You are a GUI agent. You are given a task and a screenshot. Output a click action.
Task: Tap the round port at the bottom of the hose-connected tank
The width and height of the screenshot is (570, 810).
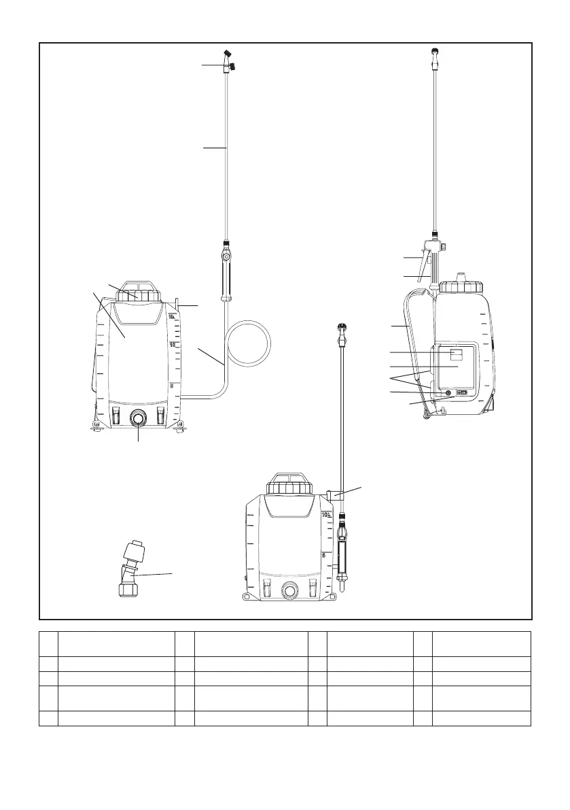[139, 418]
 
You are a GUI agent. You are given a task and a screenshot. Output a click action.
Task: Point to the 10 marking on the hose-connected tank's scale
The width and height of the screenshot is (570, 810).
[173, 345]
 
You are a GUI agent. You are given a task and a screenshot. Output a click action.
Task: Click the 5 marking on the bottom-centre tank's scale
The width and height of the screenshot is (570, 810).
[324, 555]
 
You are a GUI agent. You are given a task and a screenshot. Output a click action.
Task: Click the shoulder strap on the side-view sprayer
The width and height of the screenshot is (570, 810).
[410, 340]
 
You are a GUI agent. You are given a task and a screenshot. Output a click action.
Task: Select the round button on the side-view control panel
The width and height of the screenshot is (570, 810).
[446, 393]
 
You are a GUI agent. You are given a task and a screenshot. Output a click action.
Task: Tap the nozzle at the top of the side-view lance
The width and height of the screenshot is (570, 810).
[433, 51]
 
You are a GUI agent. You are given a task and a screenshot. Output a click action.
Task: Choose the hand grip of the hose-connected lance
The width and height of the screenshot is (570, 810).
[225, 275]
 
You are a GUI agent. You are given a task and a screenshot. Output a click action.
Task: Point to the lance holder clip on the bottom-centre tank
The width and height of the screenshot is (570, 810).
[330, 494]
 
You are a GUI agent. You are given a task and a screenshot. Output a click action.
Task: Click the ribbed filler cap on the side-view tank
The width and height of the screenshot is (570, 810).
[460, 286]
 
